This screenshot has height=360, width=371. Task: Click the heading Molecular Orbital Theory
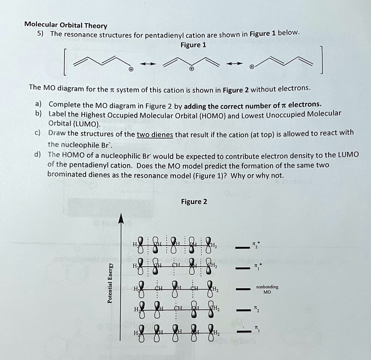(x=66, y=25)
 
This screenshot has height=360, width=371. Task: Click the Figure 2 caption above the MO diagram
(x=194, y=202)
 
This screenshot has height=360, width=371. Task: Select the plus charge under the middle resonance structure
(x=192, y=68)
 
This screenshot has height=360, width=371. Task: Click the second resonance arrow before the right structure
(x=232, y=64)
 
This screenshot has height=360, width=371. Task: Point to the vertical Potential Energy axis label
(x=111, y=282)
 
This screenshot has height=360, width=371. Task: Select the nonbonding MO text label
(x=267, y=289)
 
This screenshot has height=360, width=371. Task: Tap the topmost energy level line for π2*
(x=242, y=248)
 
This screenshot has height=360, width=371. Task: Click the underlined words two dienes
(x=156, y=135)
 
